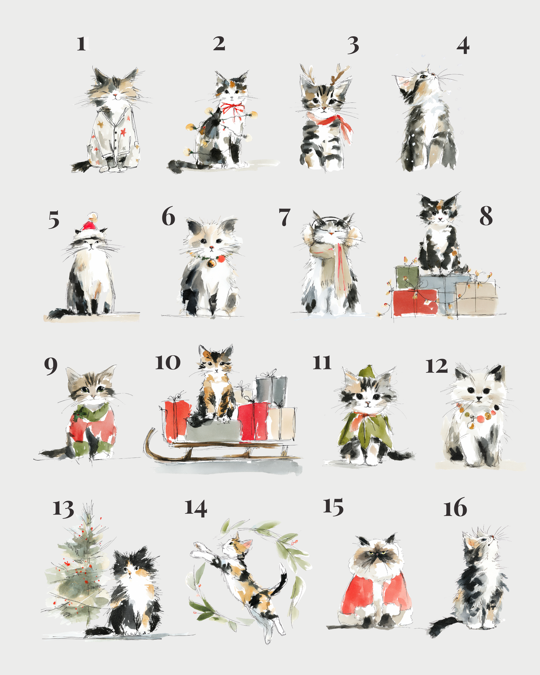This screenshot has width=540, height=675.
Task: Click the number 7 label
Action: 284,217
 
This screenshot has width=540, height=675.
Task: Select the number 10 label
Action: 168,362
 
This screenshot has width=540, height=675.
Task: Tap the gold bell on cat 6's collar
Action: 211,263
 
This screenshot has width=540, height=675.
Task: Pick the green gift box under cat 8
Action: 407,277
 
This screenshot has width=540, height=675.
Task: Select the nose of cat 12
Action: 479,399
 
